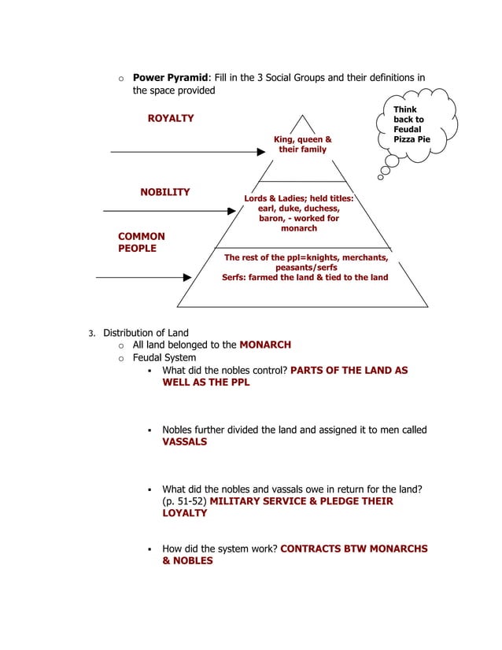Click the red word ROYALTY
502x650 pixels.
[171, 118]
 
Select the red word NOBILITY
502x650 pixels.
[164, 192]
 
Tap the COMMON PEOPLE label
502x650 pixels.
[142, 242]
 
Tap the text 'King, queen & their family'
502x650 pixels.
[302, 144]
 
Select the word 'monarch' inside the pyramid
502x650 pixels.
[299, 228]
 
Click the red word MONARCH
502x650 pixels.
[265, 345]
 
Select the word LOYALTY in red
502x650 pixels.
[185, 513]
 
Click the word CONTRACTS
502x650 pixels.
[312, 548]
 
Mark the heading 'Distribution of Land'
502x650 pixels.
[146, 332]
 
